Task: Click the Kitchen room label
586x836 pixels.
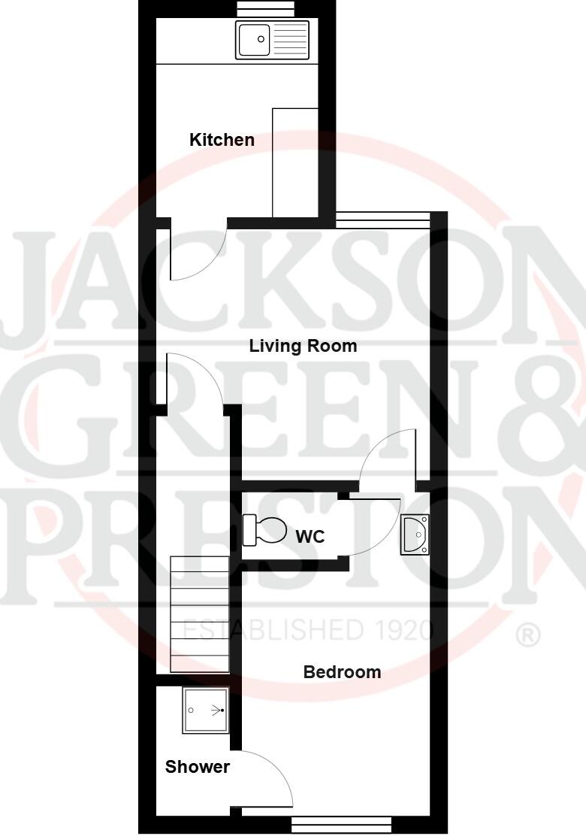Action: coord(222,140)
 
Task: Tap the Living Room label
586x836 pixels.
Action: coord(303,346)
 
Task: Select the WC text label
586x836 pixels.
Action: coord(310,536)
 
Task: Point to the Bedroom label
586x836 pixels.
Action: coord(342,672)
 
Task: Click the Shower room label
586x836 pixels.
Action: coord(197,767)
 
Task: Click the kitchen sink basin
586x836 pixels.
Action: coord(254,39)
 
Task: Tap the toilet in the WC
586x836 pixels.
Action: coord(265,530)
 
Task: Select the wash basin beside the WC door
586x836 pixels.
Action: coord(415,534)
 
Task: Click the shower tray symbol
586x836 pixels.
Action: coord(204,710)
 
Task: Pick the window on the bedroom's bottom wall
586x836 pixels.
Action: coord(341,825)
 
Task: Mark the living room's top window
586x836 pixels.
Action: coord(382,220)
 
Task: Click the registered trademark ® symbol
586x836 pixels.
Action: coord(528,636)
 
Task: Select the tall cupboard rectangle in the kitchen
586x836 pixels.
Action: coord(295,162)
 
